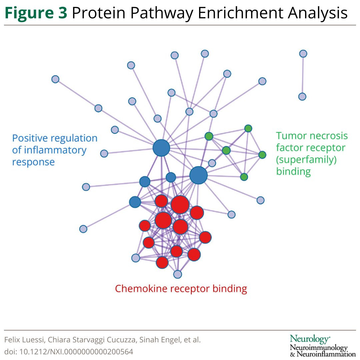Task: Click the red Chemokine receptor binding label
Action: pyautogui.click(x=181, y=288)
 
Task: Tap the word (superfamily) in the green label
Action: pyautogui.click(x=306, y=160)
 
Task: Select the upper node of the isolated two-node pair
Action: pyautogui.click(x=303, y=54)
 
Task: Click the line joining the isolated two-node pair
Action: pyautogui.click(x=303, y=75)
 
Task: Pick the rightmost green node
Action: pyautogui.click(x=262, y=155)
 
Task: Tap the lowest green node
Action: pyautogui.click(x=244, y=177)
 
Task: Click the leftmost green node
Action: pyautogui.click(x=209, y=136)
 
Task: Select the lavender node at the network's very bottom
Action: pyautogui.click(x=178, y=274)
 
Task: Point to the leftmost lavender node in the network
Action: pyautogui.click(x=55, y=79)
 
